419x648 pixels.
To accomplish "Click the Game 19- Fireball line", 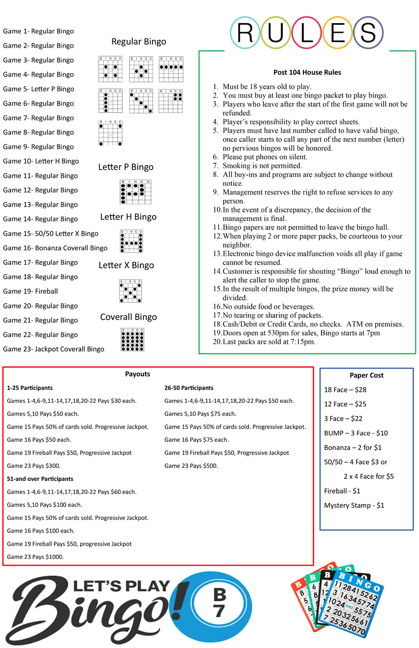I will click(31, 291).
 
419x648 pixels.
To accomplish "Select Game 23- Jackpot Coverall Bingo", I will click(53, 349).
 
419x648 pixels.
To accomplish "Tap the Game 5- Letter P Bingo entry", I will click(39, 89).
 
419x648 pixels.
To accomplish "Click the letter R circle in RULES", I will click(245, 33).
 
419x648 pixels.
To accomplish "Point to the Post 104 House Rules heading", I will click(307, 72).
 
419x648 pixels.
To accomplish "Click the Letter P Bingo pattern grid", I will click(135, 192).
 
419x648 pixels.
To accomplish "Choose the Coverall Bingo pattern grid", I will click(132, 340).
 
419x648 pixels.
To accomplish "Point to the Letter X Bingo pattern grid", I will click(131, 291).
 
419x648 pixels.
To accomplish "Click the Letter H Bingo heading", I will click(128, 217).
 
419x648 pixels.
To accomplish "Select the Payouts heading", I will click(138, 374).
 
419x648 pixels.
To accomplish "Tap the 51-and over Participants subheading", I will click(40, 479).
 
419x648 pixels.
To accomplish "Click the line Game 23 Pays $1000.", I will click(35, 556).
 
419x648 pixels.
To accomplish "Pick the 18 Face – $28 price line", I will click(345, 390).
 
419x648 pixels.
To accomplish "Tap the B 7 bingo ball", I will click(219, 603).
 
